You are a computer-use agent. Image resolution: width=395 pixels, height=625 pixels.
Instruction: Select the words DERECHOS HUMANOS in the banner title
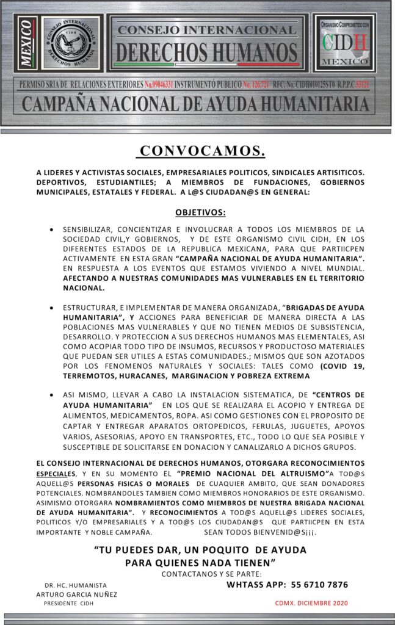pos(206,49)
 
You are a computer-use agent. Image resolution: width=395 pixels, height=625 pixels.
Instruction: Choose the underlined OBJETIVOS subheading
pos(200,213)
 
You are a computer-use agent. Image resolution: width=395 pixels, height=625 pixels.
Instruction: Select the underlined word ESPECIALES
pos(56,474)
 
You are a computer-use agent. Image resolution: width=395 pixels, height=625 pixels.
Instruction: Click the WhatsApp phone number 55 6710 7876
pos(315,584)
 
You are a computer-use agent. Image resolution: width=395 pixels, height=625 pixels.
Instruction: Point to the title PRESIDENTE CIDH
pos(68,603)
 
